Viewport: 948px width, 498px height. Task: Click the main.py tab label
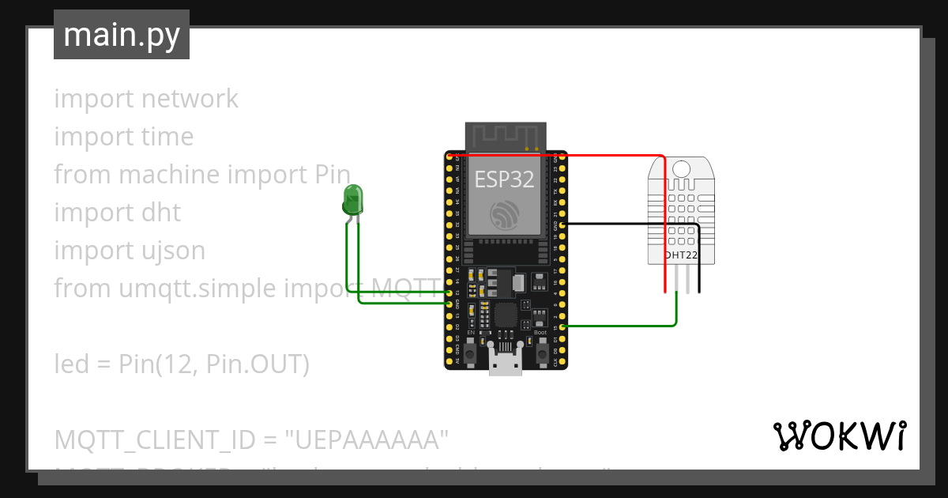coord(121,35)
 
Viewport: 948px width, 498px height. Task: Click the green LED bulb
coord(352,198)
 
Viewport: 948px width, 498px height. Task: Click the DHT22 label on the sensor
coord(680,255)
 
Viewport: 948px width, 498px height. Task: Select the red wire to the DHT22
coord(616,156)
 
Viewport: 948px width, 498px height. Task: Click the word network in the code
coord(190,99)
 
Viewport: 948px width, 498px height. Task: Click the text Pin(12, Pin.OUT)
coord(213,364)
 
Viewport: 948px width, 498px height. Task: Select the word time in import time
coord(167,137)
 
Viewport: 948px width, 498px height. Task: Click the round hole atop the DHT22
coord(680,167)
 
